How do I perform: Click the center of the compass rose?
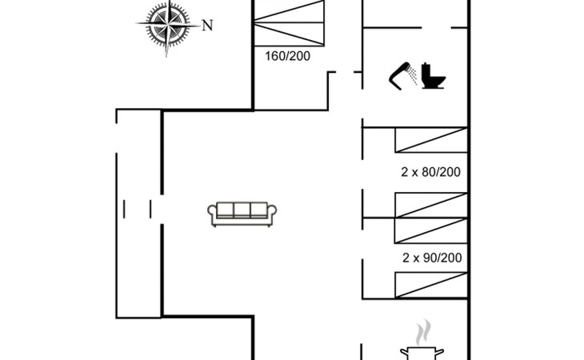coord(168,26)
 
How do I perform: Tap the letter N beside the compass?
coord(207,26)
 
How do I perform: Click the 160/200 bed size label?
coord(287,56)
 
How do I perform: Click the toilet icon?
coord(433,77)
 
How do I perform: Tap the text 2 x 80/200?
coord(431,172)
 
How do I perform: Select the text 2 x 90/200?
coord(431,258)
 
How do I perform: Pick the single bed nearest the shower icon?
coord(430,139)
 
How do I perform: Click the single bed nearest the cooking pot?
coord(430,286)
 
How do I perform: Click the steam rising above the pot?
coord(424,331)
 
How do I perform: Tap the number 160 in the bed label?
coord(275,56)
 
